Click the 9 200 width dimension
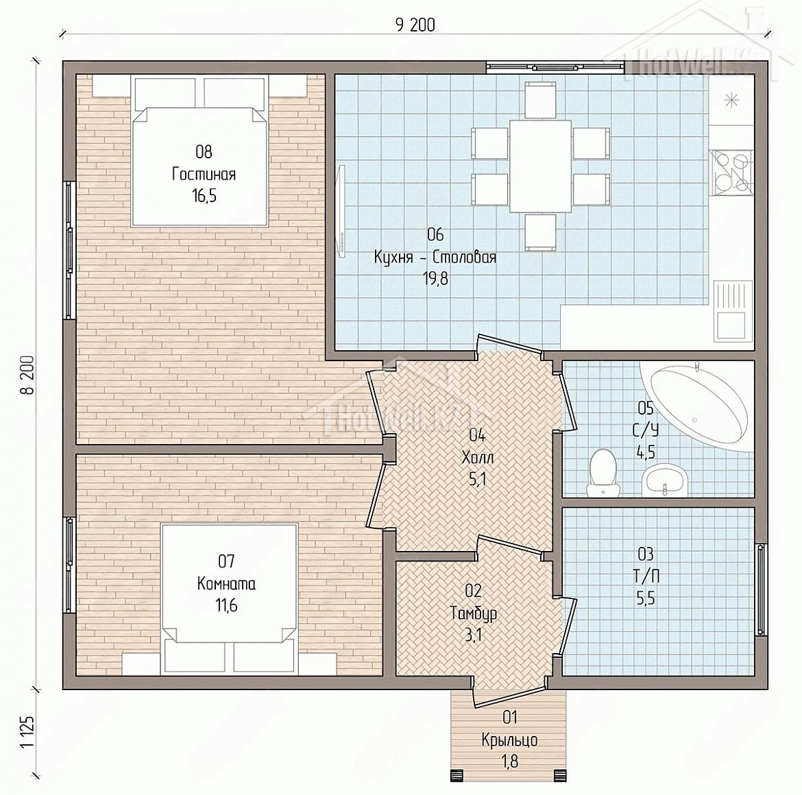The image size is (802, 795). point(415,25)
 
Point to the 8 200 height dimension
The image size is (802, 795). point(27,375)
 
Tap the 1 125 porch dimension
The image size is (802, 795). point(27,732)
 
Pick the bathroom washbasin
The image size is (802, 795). point(664,480)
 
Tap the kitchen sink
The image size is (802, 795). point(733,311)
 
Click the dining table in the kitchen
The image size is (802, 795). point(540,166)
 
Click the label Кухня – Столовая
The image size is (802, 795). point(435,256)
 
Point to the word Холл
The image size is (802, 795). point(478,457)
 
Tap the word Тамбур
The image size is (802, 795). point(474,613)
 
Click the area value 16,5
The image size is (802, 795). point(204,196)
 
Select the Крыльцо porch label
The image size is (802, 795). point(509,739)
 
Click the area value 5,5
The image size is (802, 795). point(646,598)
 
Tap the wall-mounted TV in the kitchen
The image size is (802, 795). point(341,209)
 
